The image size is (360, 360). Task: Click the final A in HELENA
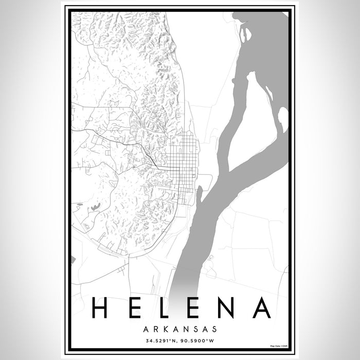click(x=261, y=308)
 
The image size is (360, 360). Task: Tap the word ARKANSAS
click(x=180, y=328)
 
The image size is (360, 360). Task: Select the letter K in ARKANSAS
click(x=162, y=328)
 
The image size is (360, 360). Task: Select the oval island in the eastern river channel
click(x=282, y=118)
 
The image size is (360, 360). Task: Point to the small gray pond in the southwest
click(x=95, y=207)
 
